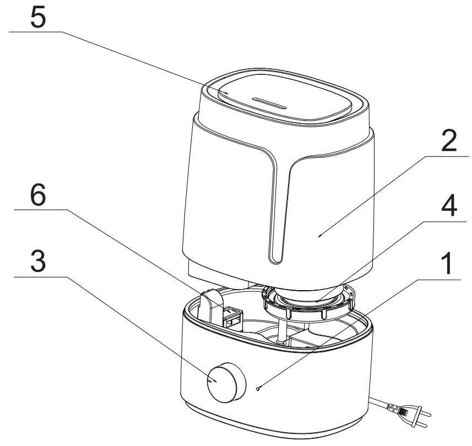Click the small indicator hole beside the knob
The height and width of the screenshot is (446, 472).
pyautogui.click(x=257, y=388)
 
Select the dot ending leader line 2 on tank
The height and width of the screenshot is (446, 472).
pyautogui.click(x=320, y=235)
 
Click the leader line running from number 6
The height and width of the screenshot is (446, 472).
pyautogui.click(x=138, y=248)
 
